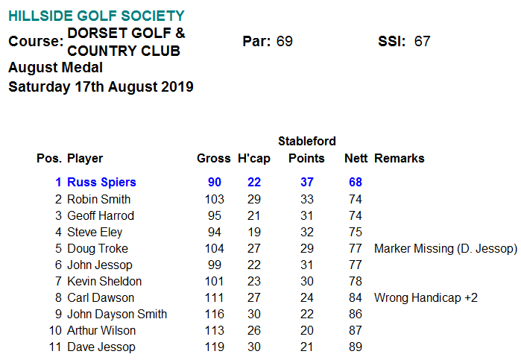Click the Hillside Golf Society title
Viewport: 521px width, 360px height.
point(97,16)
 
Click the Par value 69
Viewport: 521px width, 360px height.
point(284,41)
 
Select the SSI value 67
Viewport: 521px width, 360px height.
point(423,41)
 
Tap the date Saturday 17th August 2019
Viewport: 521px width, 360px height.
point(101,86)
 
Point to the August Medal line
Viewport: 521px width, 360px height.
point(55,68)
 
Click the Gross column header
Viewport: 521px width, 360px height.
point(214,158)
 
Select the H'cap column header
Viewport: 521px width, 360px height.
point(253,158)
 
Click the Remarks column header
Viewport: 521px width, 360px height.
point(399,158)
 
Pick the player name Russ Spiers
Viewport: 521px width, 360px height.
point(101,182)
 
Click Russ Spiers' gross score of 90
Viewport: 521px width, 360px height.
point(215,182)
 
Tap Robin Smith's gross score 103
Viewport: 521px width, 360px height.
point(215,199)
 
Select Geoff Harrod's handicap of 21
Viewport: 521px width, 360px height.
point(254,215)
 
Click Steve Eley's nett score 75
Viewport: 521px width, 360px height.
point(355,232)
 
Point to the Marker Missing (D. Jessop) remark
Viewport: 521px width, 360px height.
point(445,248)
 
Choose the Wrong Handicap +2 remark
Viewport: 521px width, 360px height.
point(426,297)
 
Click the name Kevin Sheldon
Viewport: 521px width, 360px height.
point(104,281)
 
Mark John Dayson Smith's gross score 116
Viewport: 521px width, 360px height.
point(215,314)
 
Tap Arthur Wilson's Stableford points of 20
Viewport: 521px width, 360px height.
point(306,330)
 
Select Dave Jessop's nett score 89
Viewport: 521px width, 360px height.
point(355,347)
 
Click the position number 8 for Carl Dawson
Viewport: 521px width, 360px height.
point(57,297)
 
